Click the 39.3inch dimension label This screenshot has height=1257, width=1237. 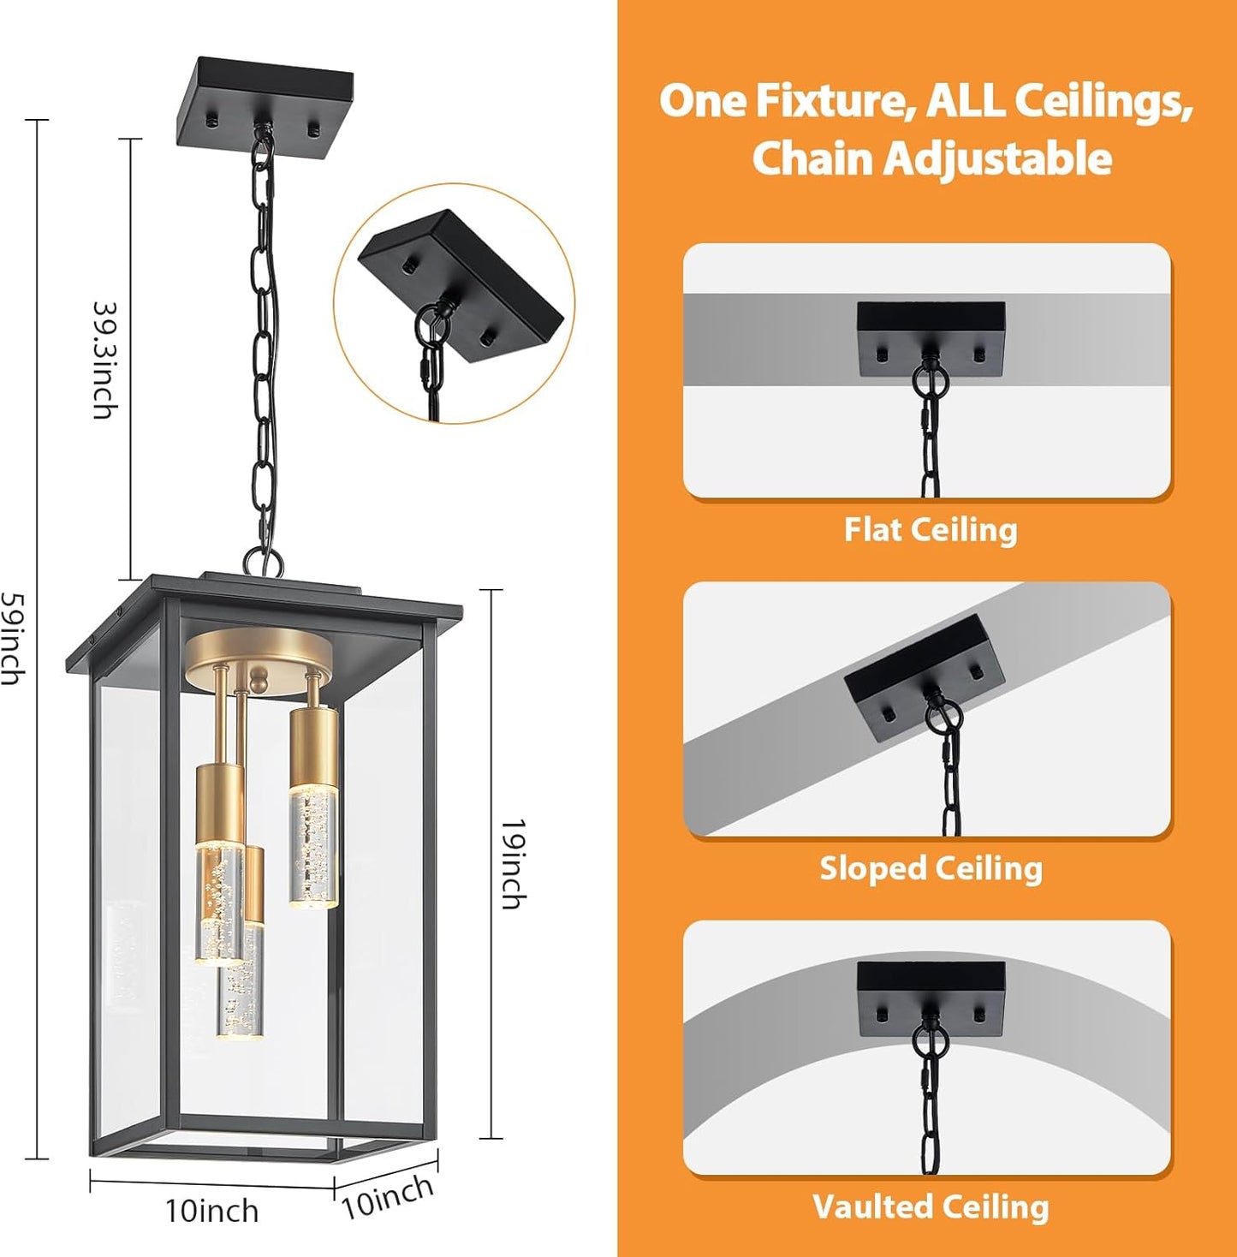(x=103, y=360)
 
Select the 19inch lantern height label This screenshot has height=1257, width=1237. (x=512, y=863)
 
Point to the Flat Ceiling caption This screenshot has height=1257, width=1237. (x=931, y=529)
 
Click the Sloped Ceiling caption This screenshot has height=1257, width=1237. (x=931, y=868)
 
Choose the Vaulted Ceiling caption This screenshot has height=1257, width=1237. (x=931, y=1206)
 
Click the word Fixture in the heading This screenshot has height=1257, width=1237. (x=830, y=101)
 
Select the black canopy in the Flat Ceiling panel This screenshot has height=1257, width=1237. (x=931, y=337)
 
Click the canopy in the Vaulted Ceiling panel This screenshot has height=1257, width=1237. (x=931, y=997)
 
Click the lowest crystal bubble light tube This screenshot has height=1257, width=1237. (x=239, y=985)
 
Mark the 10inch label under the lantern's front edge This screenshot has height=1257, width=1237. (x=211, y=1211)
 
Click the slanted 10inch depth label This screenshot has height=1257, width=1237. (x=388, y=1196)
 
